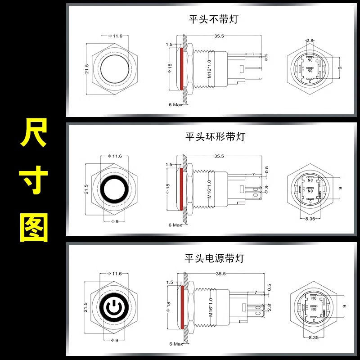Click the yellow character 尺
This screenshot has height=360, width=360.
33,134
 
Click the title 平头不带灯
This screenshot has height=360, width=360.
213,19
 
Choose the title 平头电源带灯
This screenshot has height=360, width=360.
214,258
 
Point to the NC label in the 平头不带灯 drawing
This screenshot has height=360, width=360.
310,60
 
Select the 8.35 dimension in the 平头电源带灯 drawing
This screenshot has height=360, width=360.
310,336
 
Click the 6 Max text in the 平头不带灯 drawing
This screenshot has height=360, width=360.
175,104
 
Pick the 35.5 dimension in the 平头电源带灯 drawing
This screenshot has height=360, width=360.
220,273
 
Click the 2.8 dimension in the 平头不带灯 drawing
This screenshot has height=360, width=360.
310,40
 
